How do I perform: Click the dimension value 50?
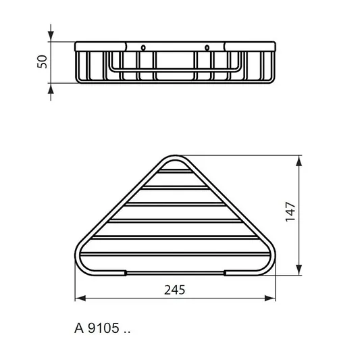point(42,61)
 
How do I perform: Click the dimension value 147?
point(290,211)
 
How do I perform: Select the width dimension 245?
point(174,290)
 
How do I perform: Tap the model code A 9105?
point(97,328)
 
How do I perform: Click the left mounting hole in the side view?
point(143,48)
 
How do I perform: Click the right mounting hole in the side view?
point(207,48)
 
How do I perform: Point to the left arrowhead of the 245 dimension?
point(80,298)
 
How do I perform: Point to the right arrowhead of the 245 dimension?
point(270,298)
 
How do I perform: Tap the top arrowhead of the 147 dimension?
point(299,161)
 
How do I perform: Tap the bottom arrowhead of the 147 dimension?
point(299,270)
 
